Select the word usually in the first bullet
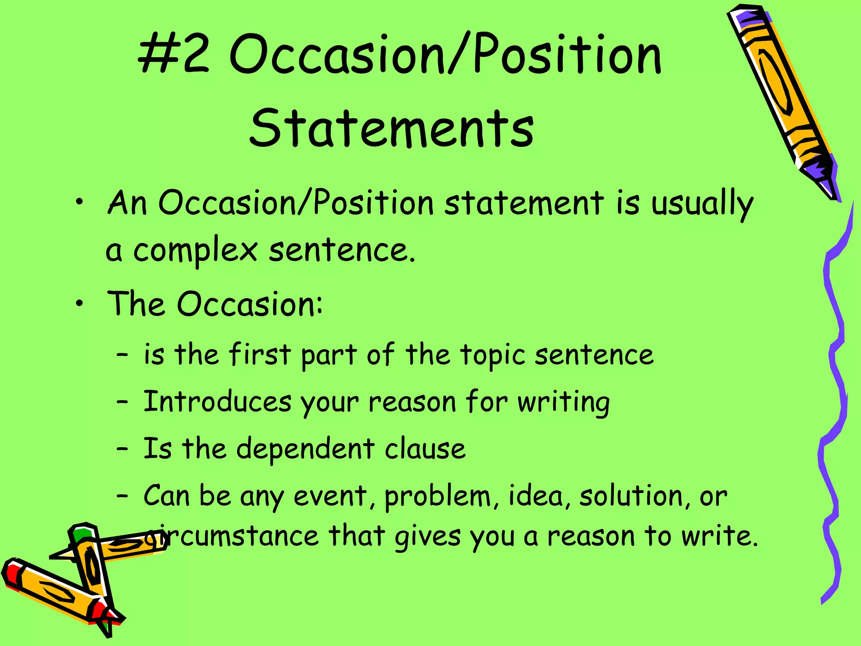[x=702, y=204]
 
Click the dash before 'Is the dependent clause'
[x=122, y=449]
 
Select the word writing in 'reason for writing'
[x=563, y=403]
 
